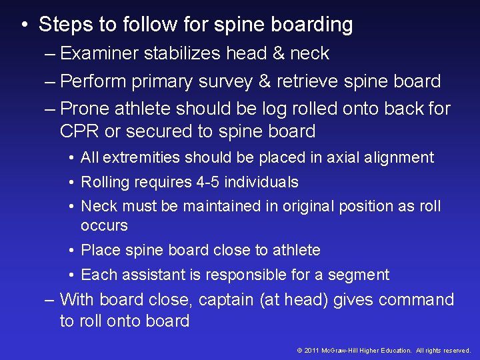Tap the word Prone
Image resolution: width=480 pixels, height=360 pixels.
pyautogui.click(x=84, y=108)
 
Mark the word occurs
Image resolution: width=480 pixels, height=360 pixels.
pyautogui.click(x=104, y=226)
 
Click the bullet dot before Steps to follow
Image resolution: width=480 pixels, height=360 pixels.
pyautogui.click(x=24, y=26)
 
